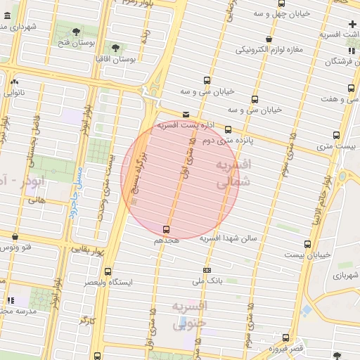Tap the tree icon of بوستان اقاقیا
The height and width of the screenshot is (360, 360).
coord(115,49)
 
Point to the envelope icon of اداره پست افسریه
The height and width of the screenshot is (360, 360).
coord(186,114)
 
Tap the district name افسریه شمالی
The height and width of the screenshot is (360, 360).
coord(231,173)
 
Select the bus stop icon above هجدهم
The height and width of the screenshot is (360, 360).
coord(167,229)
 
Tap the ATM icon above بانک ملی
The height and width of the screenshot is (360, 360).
coord(207,270)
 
